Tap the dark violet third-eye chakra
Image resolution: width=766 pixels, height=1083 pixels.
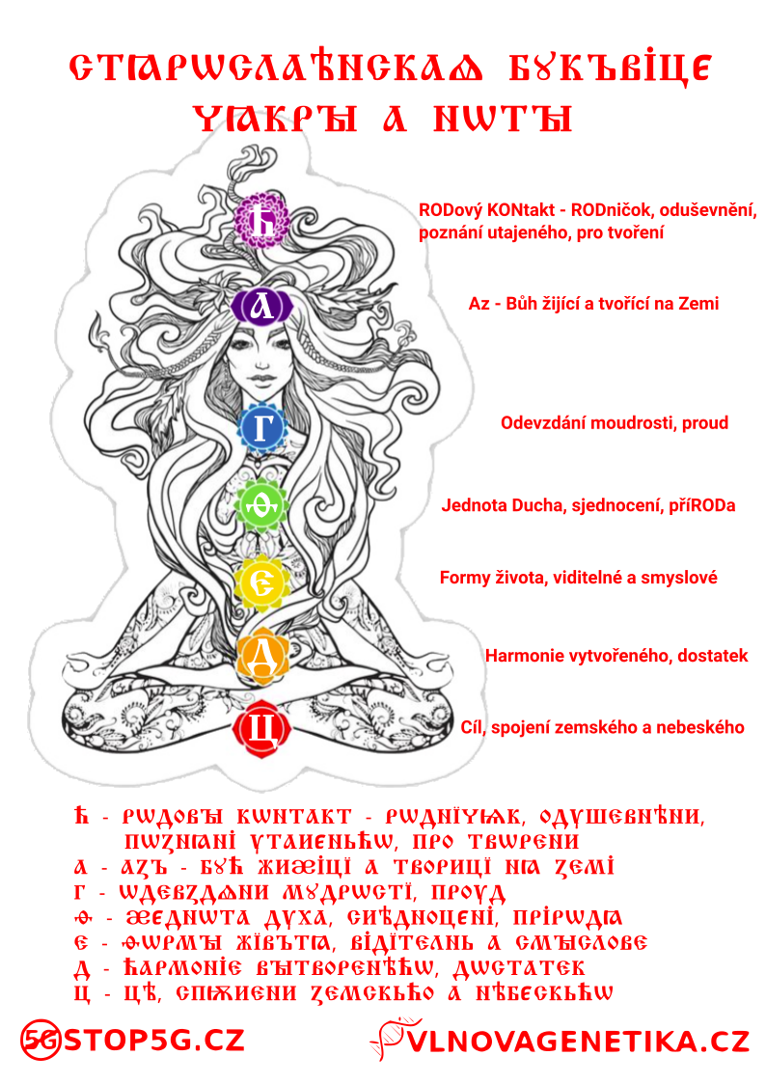(x=260, y=306)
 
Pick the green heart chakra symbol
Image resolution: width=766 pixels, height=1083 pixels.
(x=263, y=501)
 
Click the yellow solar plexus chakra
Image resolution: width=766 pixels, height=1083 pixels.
(x=262, y=582)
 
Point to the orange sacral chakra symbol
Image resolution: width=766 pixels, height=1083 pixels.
(x=262, y=657)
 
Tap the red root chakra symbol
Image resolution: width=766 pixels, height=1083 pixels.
(x=261, y=726)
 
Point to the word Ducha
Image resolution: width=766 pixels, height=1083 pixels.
(x=536, y=504)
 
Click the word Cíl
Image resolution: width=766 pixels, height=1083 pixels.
(x=472, y=727)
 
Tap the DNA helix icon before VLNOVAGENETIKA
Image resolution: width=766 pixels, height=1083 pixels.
(x=389, y=1040)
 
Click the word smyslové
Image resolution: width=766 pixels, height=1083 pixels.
(x=682, y=578)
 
